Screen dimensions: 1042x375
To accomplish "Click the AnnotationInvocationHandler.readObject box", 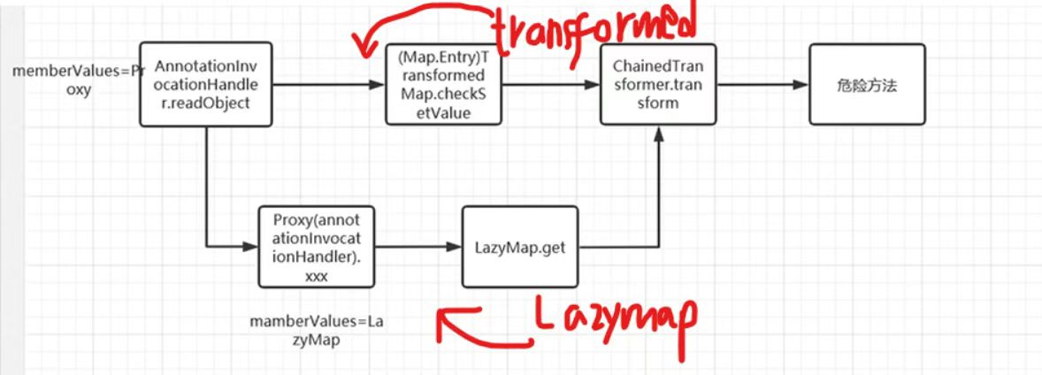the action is (206, 84).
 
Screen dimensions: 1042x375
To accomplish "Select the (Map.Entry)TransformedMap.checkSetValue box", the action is (443, 84).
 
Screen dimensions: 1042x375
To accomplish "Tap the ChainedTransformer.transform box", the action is (658, 84).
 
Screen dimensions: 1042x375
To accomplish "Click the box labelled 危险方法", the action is (867, 84).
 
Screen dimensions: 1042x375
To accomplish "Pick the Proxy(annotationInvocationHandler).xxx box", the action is (316, 247).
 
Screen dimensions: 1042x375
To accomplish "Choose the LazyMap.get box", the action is (519, 247).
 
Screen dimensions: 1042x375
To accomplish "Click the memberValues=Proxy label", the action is (79, 80).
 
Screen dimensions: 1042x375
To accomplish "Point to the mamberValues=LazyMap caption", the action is (317, 331).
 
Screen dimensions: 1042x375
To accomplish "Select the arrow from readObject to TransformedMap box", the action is (329, 85).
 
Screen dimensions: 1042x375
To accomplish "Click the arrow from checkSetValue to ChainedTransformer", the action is (551, 85).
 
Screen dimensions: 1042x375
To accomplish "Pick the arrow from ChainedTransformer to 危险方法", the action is (762, 85).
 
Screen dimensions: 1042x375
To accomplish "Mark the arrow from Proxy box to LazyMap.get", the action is (418, 247).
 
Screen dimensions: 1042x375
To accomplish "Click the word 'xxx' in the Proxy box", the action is (316, 278).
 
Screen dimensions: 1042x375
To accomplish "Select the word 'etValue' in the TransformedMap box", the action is (445, 114).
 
